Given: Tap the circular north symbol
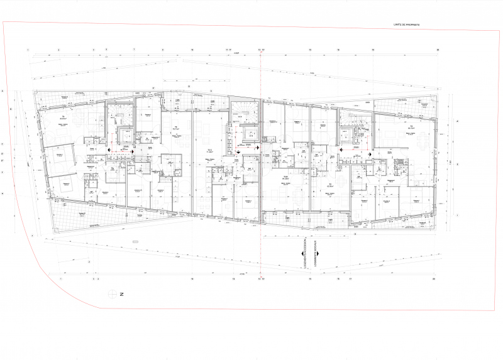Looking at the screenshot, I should click(113, 293).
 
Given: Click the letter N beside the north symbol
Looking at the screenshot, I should click(124, 294).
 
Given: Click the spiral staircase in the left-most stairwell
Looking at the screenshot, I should click(119, 114).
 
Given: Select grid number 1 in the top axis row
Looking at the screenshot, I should click(28, 49).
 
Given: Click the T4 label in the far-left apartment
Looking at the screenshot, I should click(63, 117).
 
